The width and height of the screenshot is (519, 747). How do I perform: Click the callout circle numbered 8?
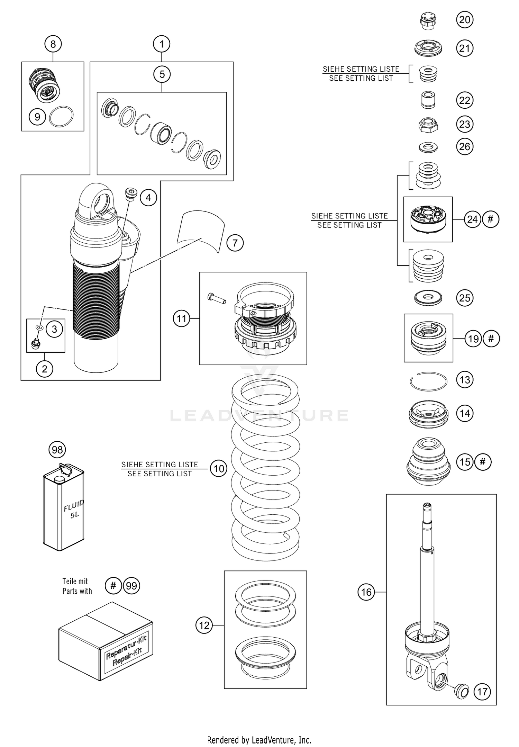53,44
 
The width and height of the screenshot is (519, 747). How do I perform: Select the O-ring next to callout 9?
62,117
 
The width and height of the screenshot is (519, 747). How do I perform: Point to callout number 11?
182,318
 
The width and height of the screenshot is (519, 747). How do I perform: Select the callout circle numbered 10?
219,469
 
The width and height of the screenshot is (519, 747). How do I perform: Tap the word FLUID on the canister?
74,505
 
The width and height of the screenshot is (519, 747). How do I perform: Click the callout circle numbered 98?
57,450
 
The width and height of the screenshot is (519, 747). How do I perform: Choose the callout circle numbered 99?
131,586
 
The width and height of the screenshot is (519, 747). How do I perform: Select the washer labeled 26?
428,147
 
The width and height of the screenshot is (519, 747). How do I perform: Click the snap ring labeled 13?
428,381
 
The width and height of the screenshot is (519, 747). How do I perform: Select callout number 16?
366,592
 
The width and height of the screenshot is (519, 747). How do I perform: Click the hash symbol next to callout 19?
491,338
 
